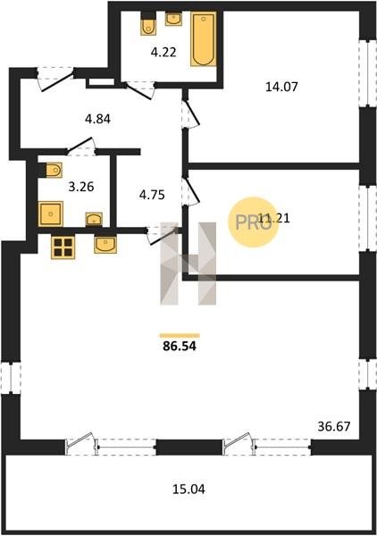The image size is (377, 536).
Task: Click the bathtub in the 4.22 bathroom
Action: pos(204,39)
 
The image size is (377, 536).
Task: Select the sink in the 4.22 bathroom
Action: pos(173,19)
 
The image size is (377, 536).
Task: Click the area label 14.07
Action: pos(281,87)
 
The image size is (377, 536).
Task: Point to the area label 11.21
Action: pos(274,218)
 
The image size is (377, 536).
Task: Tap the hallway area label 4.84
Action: pos(97,119)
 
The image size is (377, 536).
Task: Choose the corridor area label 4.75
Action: pos(152,195)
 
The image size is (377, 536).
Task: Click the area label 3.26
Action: pos(81,187)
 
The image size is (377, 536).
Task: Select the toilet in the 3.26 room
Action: pos(51,170)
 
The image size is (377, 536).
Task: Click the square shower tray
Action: pos(51,214)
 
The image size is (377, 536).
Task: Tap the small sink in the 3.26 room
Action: pos(94,219)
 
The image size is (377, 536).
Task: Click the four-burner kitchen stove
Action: pos(63,247)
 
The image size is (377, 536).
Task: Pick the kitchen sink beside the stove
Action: pos(105,245)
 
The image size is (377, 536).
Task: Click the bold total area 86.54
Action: pos(180,347)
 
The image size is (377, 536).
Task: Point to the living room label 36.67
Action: pos(334,427)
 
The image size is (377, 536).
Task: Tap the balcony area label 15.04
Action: pos(188,490)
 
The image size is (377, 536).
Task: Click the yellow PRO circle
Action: pos(254,222)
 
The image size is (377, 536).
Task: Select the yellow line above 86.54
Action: pos(180,336)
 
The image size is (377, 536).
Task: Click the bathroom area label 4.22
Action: pos(163,53)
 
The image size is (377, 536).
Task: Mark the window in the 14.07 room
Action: pos(367,73)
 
